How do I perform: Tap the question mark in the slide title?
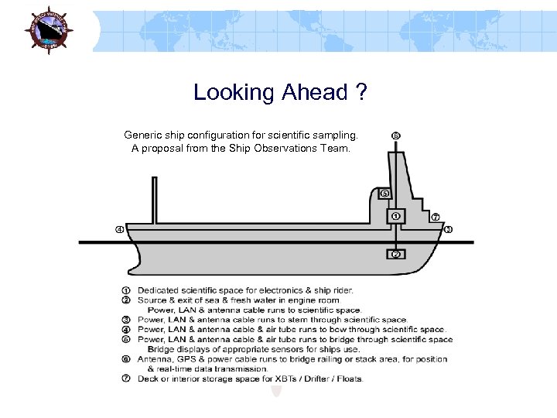(x=361, y=93)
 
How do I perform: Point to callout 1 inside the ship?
(x=395, y=216)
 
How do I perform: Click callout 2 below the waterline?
(x=395, y=254)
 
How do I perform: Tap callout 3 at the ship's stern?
(x=449, y=229)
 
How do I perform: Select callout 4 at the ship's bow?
(x=120, y=229)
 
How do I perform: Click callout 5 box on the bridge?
(x=384, y=194)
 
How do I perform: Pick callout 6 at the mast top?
(x=395, y=135)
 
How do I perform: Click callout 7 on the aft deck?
(x=436, y=216)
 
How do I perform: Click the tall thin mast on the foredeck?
(x=154, y=200)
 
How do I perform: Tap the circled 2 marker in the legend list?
(x=126, y=300)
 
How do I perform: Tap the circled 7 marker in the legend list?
(x=126, y=379)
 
